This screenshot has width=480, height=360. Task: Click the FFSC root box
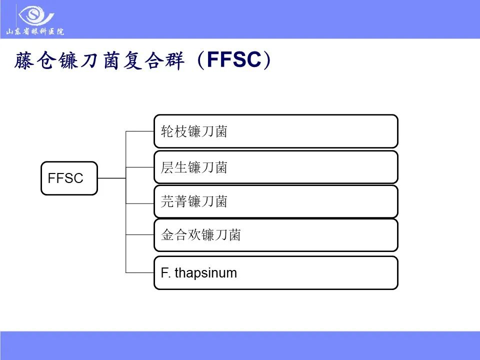69,178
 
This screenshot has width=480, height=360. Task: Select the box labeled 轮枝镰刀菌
275,131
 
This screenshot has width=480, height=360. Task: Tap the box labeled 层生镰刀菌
275,167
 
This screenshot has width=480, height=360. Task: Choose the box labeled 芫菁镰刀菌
275,201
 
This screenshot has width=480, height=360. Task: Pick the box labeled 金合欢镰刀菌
275,235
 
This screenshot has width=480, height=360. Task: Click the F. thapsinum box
275,273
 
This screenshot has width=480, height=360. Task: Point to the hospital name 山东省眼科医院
35,32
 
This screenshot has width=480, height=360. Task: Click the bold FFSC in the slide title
233,60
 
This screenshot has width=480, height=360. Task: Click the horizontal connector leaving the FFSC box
111,178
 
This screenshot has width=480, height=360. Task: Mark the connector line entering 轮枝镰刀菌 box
139,131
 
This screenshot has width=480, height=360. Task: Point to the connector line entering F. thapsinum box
139,272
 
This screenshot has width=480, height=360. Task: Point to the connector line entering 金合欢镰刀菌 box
139,235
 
